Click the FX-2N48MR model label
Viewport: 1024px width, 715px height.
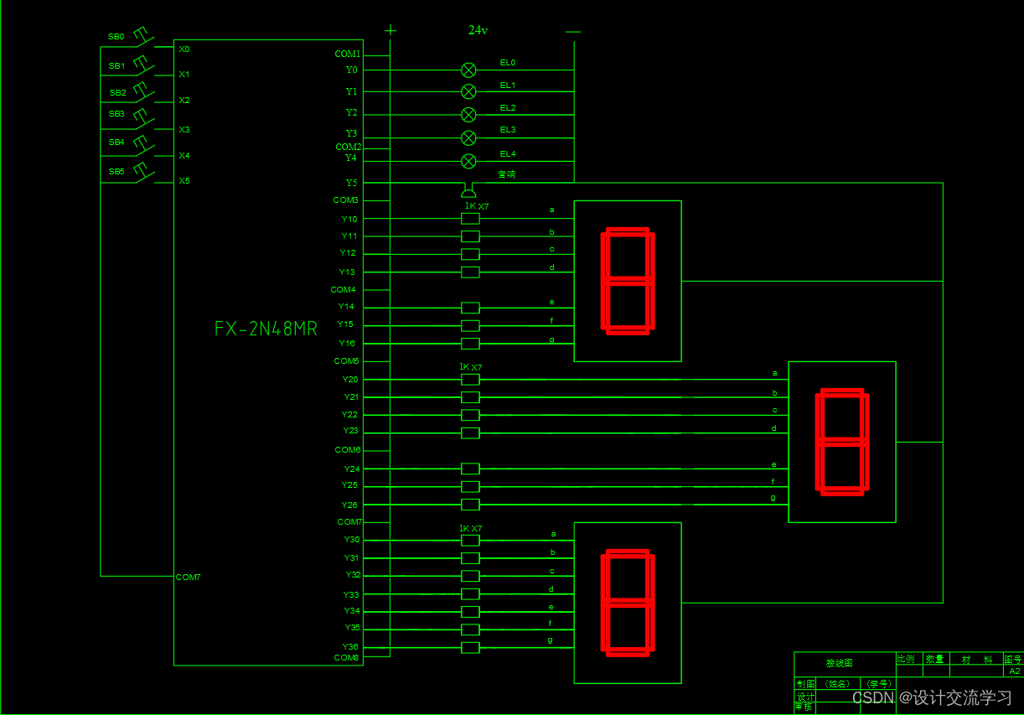[266, 329]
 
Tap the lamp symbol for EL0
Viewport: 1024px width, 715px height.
[469, 70]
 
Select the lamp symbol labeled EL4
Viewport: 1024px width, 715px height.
[469, 161]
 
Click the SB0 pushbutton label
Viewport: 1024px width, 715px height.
[116, 37]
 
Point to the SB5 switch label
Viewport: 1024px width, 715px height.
[116, 171]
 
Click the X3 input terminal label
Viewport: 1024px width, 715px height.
[184, 129]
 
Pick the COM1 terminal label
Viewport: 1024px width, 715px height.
[347, 54]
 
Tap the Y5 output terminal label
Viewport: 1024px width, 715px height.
[351, 182]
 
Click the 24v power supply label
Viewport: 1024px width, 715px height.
[478, 30]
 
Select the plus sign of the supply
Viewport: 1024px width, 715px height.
[390, 30]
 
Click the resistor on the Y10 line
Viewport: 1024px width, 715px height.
[470, 219]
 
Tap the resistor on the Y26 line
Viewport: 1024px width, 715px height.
[470, 505]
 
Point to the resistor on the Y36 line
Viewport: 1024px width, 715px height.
[470, 647]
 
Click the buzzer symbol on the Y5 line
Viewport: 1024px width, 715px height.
[468, 192]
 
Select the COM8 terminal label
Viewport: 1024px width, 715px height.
[346, 658]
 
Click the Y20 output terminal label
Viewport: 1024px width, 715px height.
[350, 380]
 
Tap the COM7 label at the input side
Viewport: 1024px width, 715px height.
[189, 577]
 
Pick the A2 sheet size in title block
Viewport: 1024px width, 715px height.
[1014, 671]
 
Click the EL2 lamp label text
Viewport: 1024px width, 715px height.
[508, 108]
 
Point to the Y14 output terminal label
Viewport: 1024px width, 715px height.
[346, 307]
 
